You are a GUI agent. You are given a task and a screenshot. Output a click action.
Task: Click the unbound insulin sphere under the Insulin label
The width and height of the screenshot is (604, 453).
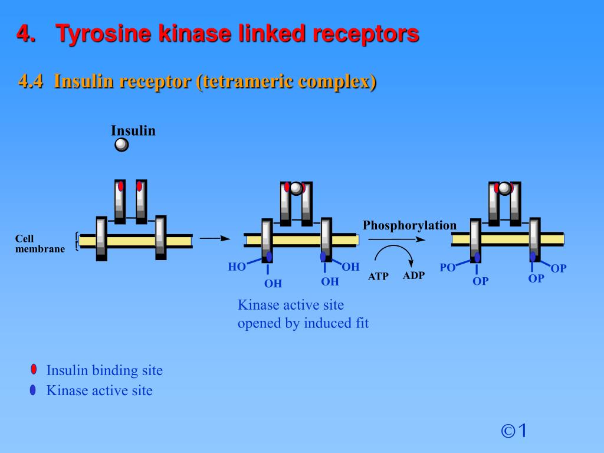click(x=122, y=145)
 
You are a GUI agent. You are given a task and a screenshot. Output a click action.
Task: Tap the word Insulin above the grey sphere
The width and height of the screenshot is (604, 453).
click(x=133, y=130)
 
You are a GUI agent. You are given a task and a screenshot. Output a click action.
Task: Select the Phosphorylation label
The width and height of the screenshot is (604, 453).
click(x=409, y=225)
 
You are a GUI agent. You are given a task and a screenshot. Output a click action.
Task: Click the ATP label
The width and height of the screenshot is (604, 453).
click(x=378, y=276)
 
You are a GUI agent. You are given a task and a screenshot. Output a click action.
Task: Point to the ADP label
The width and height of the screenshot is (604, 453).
click(x=413, y=275)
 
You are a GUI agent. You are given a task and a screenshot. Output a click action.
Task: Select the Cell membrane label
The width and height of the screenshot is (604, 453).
click(x=40, y=244)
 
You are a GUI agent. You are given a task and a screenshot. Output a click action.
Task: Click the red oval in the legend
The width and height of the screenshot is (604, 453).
click(x=34, y=370)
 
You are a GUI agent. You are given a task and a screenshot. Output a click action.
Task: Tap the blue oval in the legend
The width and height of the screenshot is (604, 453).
click(x=33, y=390)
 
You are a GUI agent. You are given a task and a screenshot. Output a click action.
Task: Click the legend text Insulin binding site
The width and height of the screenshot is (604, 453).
click(x=104, y=370)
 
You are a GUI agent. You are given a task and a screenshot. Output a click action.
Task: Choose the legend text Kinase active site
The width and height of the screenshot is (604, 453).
click(x=100, y=390)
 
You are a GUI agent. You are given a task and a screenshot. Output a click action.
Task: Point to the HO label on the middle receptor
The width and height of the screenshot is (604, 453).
click(x=237, y=267)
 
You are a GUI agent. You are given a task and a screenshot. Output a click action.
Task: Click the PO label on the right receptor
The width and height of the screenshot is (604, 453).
click(x=448, y=268)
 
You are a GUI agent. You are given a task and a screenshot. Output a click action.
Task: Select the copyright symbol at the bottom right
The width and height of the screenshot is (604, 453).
click(x=508, y=431)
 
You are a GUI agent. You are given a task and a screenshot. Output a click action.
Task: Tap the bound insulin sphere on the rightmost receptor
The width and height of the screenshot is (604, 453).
click(x=504, y=188)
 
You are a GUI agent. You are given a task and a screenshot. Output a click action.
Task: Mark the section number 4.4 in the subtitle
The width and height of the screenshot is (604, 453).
click(x=31, y=81)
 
